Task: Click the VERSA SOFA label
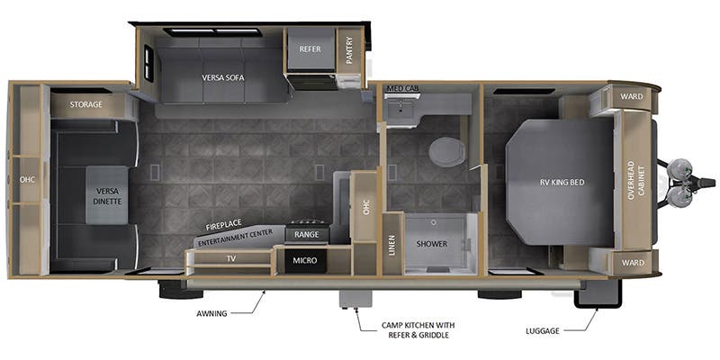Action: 222,76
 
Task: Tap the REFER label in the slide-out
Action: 310,50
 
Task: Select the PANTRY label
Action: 349,50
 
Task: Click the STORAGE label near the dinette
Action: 86,104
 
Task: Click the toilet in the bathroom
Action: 446,151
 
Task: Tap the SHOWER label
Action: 432,244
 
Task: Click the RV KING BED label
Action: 562,182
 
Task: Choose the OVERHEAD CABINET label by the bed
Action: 636,181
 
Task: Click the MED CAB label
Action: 403,88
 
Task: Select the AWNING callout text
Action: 211,314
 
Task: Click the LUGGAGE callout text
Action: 543,330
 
